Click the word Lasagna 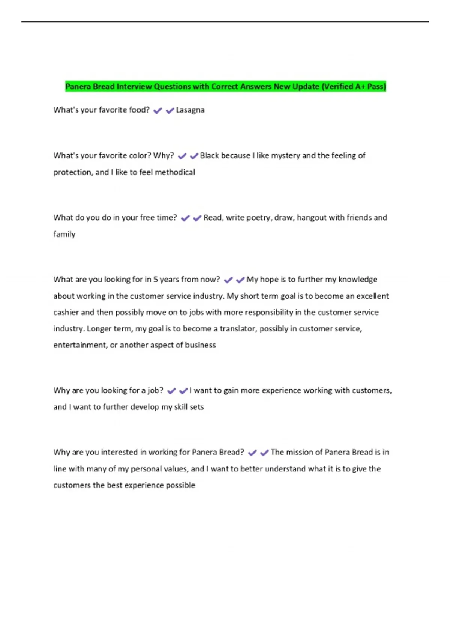190,110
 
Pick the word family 64,235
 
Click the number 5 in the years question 156,280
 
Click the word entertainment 79,345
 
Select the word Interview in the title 134,87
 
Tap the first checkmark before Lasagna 158,111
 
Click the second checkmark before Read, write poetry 197,218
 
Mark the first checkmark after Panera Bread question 252,453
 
